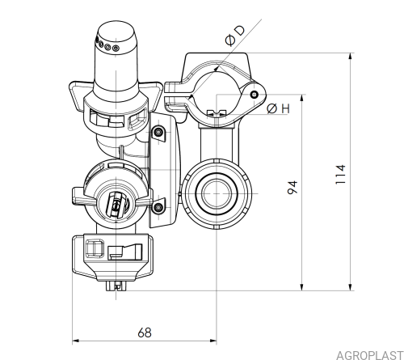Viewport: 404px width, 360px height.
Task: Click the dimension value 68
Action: click(145, 332)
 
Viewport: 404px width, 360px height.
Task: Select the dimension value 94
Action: click(292, 187)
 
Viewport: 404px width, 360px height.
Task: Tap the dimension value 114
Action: click(341, 174)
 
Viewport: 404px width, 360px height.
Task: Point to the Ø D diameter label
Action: click(235, 36)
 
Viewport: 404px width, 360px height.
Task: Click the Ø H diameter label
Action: click(278, 108)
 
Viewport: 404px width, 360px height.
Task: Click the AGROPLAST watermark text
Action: click(370, 355)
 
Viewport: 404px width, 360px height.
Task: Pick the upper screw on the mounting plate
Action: click(158, 132)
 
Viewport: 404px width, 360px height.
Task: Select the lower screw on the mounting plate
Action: click(158, 207)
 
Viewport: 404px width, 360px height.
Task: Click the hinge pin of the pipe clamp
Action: click(254, 95)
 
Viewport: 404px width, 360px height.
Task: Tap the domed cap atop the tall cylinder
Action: click(116, 32)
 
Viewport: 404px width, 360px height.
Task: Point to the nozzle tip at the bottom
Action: click(116, 286)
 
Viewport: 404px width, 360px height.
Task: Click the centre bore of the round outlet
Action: click(217, 193)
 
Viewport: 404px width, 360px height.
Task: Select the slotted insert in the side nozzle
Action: click(116, 205)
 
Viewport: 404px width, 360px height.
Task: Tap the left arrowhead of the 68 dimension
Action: click(76, 341)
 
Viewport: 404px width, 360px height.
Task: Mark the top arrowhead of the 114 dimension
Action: click(351, 56)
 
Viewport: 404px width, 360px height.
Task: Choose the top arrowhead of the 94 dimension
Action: click(302, 98)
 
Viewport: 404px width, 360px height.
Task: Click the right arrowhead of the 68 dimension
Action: click(213, 341)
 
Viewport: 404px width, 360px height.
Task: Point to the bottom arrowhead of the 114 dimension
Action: click(351, 287)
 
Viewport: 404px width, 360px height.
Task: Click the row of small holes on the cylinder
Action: click(107, 45)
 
